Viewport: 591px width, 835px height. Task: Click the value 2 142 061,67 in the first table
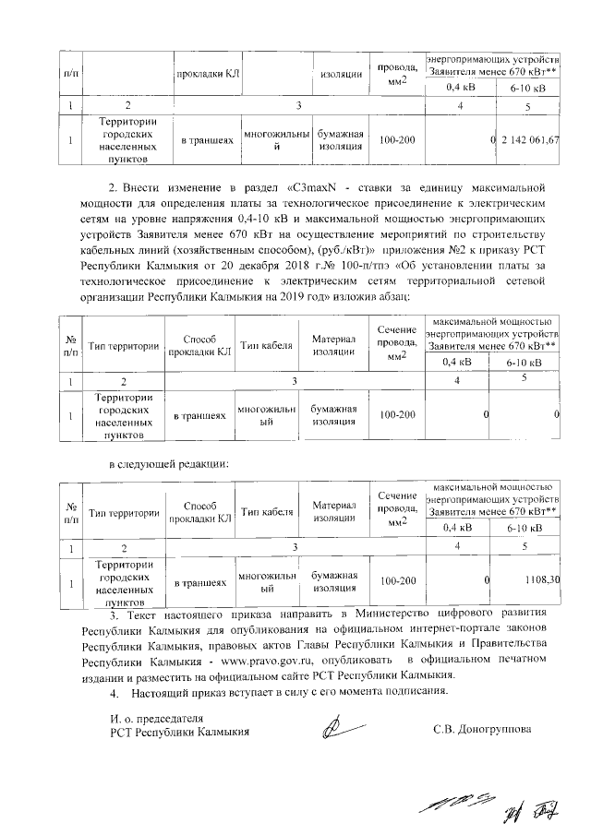coord(531,140)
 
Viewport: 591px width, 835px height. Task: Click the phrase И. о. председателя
coord(154,718)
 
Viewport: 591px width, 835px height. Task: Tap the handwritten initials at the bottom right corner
coord(525,810)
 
